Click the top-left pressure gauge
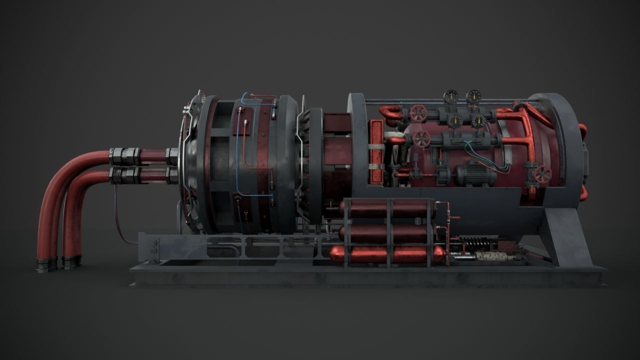pyautogui.click(x=451, y=96)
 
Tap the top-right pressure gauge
pyautogui.click(x=473, y=96)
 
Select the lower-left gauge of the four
pyautogui.click(x=455, y=120)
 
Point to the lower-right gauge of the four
pyautogui.click(x=478, y=120)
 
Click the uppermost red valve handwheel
pyautogui.click(x=418, y=113)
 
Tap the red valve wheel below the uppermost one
pyautogui.click(x=422, y=139)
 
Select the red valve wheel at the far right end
pyautogui.click(x=542, y=174)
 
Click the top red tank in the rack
pyautogui.click(x=387, y=209)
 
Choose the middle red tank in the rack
pyautogui.click(x=387, y=233)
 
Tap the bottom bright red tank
pyautogui.click(x=387, y=254)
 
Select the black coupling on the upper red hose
pyautogui.click(x=124, y=155)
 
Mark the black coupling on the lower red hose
pyautogui.click(x=124, y=174)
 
